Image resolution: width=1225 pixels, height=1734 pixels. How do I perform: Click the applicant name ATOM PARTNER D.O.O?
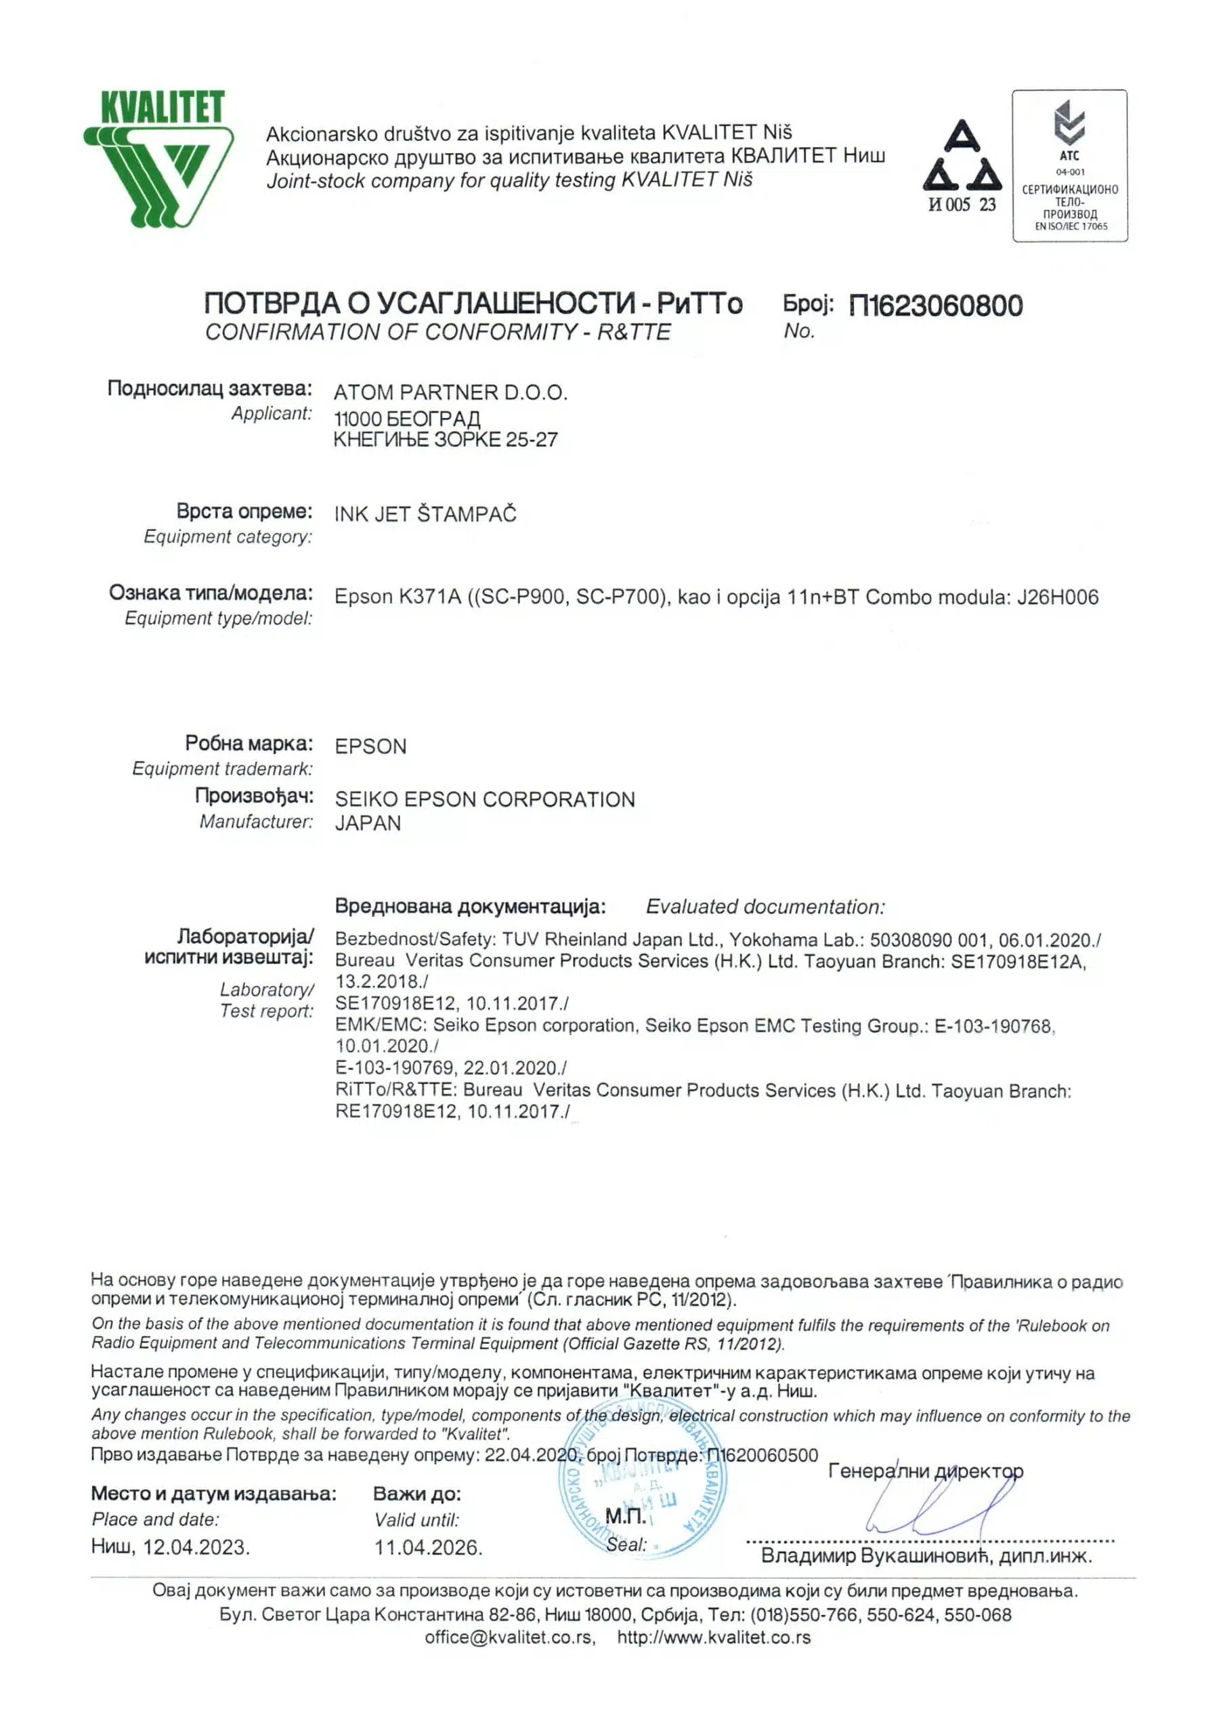tap(450, 393)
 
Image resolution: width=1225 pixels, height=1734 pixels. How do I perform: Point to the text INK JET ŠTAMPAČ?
tap(425, 514)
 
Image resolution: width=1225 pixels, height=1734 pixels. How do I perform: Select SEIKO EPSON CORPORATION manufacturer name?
tap(484, 799)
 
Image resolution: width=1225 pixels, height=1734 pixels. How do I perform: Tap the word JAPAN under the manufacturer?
tap(368, 823)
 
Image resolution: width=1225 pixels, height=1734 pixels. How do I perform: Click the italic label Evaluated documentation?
tap(765, 906)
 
